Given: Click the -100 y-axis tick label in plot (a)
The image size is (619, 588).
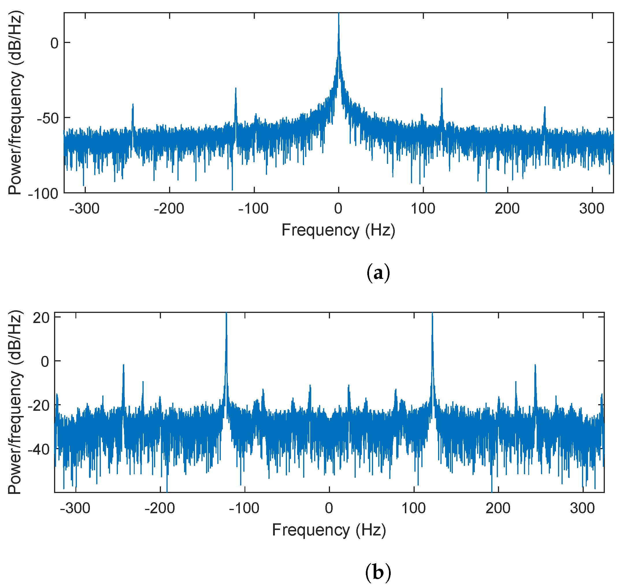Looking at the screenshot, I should tap(44, 193).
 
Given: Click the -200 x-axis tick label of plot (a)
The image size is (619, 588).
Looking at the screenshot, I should tap(169, 209).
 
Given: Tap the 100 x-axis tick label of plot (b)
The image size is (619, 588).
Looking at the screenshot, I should tap(414, 508).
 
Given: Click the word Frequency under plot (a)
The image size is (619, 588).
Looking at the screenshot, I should tap(320, 230).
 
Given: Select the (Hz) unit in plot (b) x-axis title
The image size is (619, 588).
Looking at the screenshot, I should tap(371, 530).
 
